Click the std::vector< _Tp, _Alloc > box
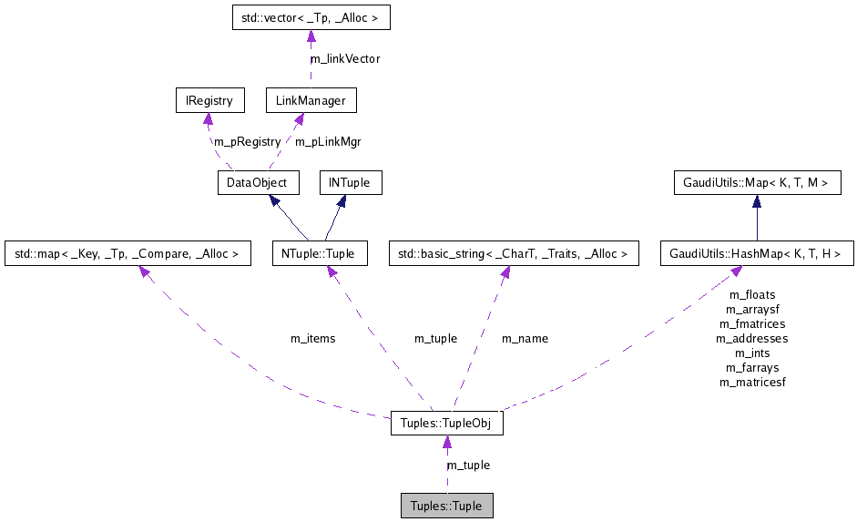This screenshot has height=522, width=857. click(x=311, y=17)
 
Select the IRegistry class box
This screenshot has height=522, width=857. click(x=209, y=100)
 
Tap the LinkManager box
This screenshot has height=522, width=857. click(x=311, y=100)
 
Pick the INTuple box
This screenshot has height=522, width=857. click(x=350, y=182)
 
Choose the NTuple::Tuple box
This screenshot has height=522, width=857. click(x=320, y=253)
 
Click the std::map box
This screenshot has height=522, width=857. click(x=128, y=253)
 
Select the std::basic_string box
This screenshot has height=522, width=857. click(x=514, y=253)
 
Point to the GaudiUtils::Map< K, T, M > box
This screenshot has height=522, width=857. click(x=755, y=182)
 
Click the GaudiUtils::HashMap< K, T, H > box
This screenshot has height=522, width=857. click(x=756, y=253)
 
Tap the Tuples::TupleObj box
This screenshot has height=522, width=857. click(x=446, y=424)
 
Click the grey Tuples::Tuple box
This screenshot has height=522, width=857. click(x=446, y=506)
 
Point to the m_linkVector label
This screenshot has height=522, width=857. click(x=345, y=58)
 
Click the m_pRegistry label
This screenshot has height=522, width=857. click(x=247, y=141)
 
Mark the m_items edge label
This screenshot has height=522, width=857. click(x=312, y=338)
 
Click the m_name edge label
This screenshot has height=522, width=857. click(x=525, y=338)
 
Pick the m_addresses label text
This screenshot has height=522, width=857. click(x=751, y=338)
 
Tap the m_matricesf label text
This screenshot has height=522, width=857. click(x=751, y=382)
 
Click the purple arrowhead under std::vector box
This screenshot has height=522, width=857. click(x=311, y=36)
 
